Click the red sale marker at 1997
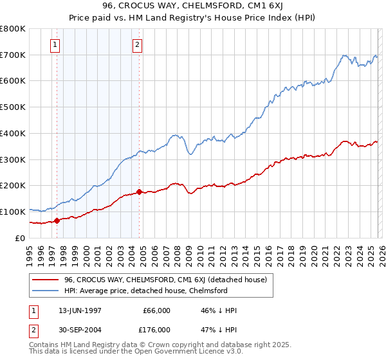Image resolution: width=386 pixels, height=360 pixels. pos(57,221)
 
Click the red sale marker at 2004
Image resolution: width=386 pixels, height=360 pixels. pos(139,192)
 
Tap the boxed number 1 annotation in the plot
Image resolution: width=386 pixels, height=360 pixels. pos(55,45)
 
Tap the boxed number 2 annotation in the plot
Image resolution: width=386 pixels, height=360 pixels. pos(138,45)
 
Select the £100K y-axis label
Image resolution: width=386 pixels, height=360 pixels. pos(13,212)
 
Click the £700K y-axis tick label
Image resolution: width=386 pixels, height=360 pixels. pos(13,55)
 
